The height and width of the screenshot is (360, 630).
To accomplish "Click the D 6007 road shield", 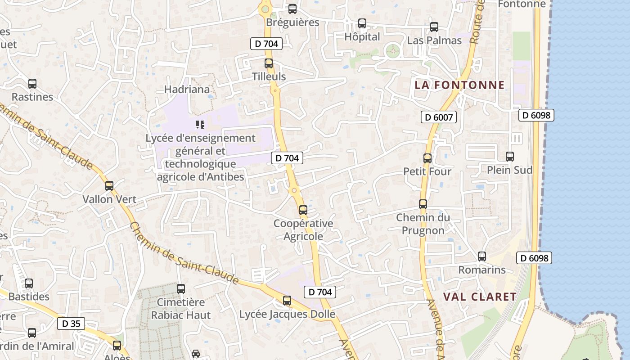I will [x=439, y=117].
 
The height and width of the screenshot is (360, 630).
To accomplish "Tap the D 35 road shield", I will [x=71, y=324].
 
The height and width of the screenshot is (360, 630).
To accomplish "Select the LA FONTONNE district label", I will [x=459, y=85].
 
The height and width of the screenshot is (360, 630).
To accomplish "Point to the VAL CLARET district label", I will [x=480, y=297].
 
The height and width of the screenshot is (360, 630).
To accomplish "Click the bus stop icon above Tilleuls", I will [x=269, y=63].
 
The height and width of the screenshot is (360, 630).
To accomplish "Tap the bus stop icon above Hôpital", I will [x=362, y=23].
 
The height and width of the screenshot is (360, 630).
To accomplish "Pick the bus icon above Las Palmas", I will [x=434, y=27].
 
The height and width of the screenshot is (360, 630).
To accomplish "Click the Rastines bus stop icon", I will [x=32, y=84].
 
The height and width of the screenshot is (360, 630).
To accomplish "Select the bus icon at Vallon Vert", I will [x=109, y=186].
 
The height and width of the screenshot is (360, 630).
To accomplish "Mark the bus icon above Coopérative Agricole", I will [x=303, y=210].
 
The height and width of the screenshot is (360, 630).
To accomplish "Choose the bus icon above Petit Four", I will [x=427, y=158].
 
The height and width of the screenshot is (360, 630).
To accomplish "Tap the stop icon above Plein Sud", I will [x=510, y=157].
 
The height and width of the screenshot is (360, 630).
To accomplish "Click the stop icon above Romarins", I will [x=482, y=256].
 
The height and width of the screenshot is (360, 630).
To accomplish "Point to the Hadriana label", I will [x=187, y=90].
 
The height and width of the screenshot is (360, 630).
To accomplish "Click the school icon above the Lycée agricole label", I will [x=200, y=124].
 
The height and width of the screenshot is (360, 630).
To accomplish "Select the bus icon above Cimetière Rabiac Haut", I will [x=181, y=289].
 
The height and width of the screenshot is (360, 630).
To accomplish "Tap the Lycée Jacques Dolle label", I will [x=287, y=314].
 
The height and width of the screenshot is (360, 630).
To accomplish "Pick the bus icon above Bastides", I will [x=29, y=283].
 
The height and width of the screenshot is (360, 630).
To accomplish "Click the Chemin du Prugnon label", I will [x=423, y=224].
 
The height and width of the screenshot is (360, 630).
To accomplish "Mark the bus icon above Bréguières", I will [x=292, y=9].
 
